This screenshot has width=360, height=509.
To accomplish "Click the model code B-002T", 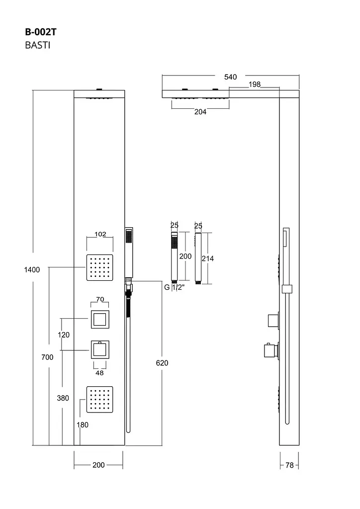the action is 41,32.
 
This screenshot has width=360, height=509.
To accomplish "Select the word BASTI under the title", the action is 38,45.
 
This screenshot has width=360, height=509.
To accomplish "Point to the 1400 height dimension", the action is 32,270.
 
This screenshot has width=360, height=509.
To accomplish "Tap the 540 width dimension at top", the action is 231,77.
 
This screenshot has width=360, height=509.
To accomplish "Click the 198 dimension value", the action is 255,85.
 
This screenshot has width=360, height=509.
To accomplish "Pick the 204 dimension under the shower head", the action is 200,112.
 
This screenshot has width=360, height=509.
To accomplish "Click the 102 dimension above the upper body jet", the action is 100,234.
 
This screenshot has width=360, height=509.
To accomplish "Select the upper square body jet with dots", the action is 99,267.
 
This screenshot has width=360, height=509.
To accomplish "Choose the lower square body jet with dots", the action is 99,399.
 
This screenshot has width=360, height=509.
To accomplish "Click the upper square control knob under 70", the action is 100,320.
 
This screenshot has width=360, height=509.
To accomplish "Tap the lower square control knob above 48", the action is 100,349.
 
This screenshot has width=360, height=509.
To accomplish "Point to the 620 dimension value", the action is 162,363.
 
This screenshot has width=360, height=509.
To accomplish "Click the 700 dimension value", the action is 47,357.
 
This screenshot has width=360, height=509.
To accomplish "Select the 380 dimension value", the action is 63,398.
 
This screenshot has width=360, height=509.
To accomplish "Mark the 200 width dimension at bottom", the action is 98,465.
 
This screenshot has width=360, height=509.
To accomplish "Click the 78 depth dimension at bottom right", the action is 289,465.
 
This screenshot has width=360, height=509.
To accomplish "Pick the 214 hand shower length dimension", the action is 208,258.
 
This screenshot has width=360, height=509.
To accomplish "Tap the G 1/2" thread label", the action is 175,287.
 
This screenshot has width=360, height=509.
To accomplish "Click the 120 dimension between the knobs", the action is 64,335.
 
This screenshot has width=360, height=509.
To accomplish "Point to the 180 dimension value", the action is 83,424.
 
